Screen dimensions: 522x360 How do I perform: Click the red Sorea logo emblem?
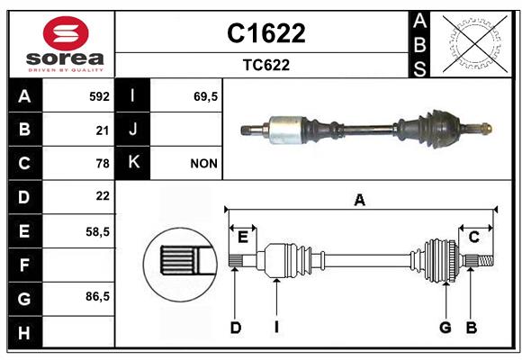pyautogui.click(x=66, y=33)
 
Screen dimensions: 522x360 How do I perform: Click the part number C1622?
pyautogui.click(x=266, y=33)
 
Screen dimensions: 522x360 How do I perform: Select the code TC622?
pyautogui.click(x=266, y=65)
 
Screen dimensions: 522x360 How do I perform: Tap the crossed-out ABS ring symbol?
pyautogui.click(x=474, y=44)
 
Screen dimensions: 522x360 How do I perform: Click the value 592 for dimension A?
pyautogui.click(x=99, y=96)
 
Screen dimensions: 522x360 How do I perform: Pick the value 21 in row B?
pyautogui.click(x=103, y=130)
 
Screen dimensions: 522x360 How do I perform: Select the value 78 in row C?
pyautogui.click(x=103, y=164)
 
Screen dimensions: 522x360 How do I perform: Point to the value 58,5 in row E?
pyautogui.click(x=97, y=232)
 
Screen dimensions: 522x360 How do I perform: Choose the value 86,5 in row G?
pyautogui.click(x=97, y=296)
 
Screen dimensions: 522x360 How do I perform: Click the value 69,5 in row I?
pyautogui.click(x=205, y=96)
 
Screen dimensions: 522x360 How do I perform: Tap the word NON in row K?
pyautogui.click(x=203, y=164)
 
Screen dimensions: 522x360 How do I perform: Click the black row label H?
pyautogui.click(x=25, y=332)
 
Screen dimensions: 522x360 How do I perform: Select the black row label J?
pyautogui.click(x=132, y=129)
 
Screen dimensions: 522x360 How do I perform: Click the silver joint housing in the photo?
pyautogui.click(x=285, y=130)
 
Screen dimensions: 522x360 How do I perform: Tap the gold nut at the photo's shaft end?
pyautogui.click(x=487, y=129)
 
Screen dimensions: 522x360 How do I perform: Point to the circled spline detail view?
pyautogui.click(x=180, y=265)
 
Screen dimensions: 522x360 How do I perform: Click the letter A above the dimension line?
pyautogui.click(x=359, y=200)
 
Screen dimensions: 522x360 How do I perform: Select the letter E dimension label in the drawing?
pyautogui.click(x=243, y=238)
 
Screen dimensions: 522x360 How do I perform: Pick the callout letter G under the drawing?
pyautogui.click(x=445, y=328)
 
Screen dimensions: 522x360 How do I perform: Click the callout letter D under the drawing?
pyautogui.click(x=236, y=328)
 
